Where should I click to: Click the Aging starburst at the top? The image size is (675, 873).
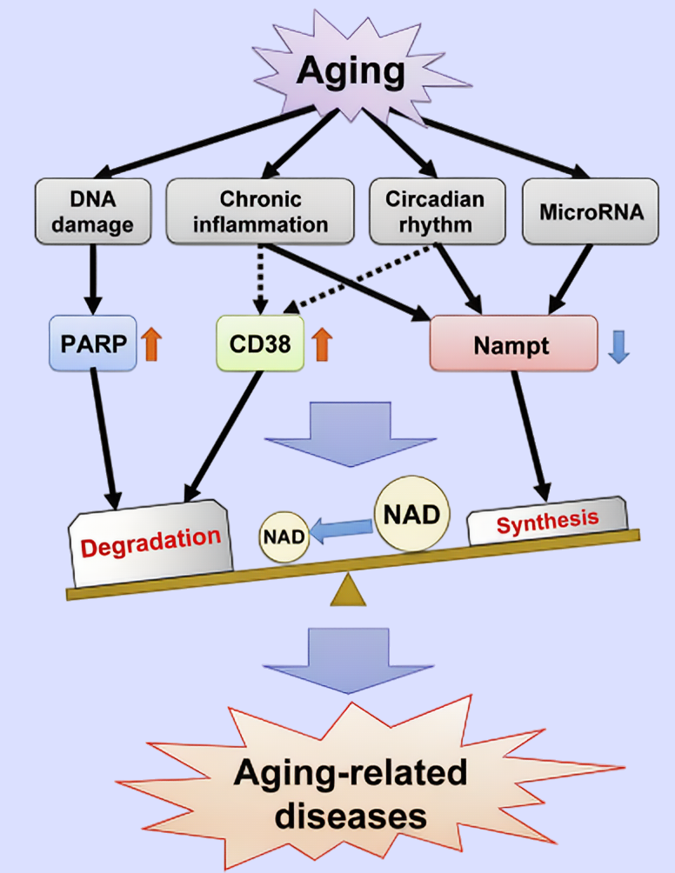(351, 71)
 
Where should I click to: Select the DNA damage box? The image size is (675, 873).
(85, 210)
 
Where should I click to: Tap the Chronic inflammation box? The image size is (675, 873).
(260, 210)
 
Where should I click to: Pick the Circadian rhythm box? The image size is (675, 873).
(434, 210)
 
